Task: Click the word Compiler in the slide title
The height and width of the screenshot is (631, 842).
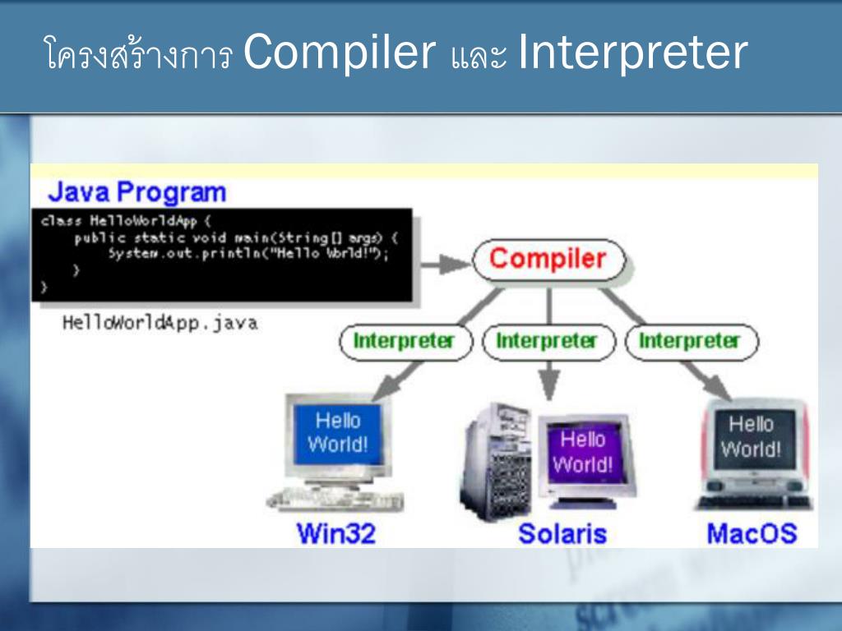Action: tap(339, 53)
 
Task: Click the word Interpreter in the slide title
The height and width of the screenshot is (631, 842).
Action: tap(632, 53)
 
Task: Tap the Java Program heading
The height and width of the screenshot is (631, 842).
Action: tap(136, 192)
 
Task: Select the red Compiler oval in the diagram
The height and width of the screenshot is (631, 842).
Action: tap(548, 260)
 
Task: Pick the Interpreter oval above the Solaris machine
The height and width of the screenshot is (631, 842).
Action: tap(548, 341)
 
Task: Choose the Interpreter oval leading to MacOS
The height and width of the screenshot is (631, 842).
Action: tap(691, 341)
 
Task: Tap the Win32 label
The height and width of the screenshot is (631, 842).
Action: tap(335, 534)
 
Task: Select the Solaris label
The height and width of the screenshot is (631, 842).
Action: tap(562, 534)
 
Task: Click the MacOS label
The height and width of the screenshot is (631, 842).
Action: tap(752, 534)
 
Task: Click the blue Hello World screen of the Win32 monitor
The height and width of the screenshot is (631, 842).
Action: tap(338, 433)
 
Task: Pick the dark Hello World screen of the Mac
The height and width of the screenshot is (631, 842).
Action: tap(751, 437)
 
